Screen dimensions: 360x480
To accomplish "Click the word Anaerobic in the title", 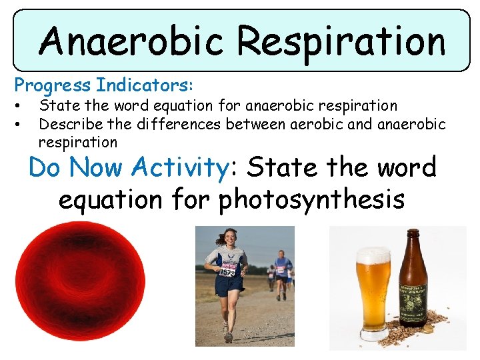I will (132, 41).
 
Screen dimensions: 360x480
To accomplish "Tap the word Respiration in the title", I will (341, 41).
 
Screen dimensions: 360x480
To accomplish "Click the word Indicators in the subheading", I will (144, 85).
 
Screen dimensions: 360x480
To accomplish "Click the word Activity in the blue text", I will (180, 167).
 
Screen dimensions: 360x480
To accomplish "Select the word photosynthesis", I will (311, 199).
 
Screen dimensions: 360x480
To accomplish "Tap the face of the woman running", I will (230, 238).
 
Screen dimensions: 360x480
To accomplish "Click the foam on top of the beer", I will (373, 256).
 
